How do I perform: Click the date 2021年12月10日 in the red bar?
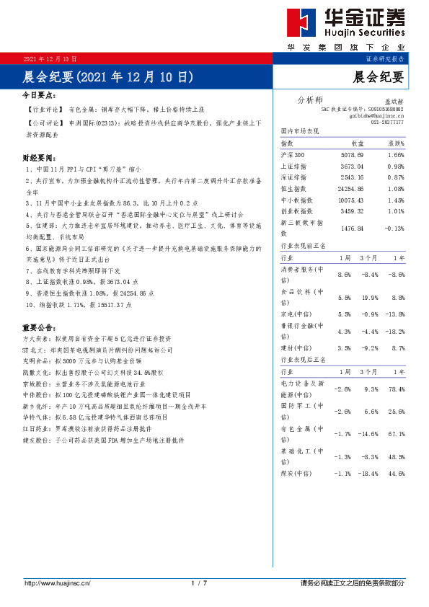click(x=50, y=58)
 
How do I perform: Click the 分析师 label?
click(x=310, y=99)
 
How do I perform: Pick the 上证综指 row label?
click(x=293, y=167)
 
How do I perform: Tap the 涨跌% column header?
click(x=394, y=144)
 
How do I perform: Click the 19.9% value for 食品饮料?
click(x=371, y=298)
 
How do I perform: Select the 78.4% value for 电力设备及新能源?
click(x=396, y=389)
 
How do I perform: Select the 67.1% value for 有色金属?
click(x=396, y=435)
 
